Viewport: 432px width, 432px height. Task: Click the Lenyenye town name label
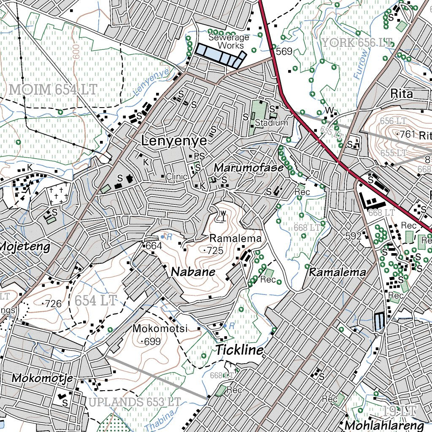(174, 141)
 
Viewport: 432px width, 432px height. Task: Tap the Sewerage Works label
(228, 41)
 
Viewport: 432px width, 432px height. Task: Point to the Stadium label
(271, 123)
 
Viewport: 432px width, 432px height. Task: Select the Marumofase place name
(248, 167)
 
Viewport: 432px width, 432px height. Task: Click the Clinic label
(176, 177)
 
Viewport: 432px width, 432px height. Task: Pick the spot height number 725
(215, 251)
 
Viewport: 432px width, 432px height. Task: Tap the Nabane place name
(193, 273)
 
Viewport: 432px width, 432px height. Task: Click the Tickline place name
(240, 350)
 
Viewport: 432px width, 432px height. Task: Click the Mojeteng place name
(25, 246)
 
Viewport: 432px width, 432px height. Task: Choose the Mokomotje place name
(42, 378)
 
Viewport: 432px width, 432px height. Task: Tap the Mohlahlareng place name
(384, 424)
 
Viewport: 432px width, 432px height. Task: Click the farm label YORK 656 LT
(357, 42)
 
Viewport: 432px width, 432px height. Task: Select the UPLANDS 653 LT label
(135, 402)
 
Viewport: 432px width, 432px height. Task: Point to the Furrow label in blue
(361, 65)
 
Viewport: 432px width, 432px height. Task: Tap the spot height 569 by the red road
(284, 51)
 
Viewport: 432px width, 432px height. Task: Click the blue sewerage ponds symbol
(219, 55)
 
